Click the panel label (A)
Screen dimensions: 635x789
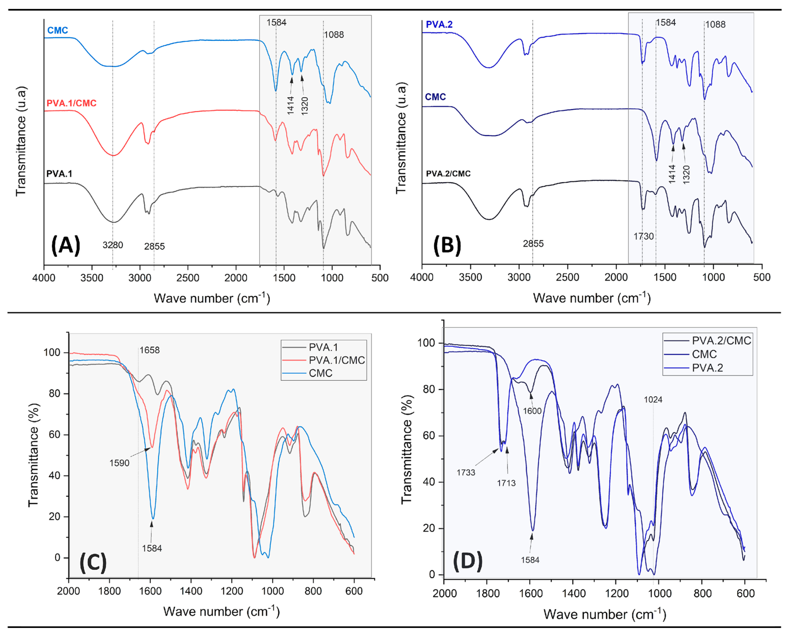point(66,245)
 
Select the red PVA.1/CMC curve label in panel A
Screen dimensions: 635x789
point(72,103)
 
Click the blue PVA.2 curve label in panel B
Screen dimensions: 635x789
point(439,25)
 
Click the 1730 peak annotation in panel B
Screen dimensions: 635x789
point(644,236)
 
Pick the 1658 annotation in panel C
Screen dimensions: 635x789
point(149,350)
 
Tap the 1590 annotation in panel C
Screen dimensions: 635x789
point(119,463)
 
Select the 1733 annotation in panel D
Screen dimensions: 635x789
point(466,472)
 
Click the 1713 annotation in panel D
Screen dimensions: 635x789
point(506,483)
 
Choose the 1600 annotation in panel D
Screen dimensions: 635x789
point(532,411)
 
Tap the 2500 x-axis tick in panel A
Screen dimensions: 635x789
point(188,278)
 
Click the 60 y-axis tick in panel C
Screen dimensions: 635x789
point(54,435)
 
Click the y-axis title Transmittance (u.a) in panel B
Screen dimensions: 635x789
point(401,138)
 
